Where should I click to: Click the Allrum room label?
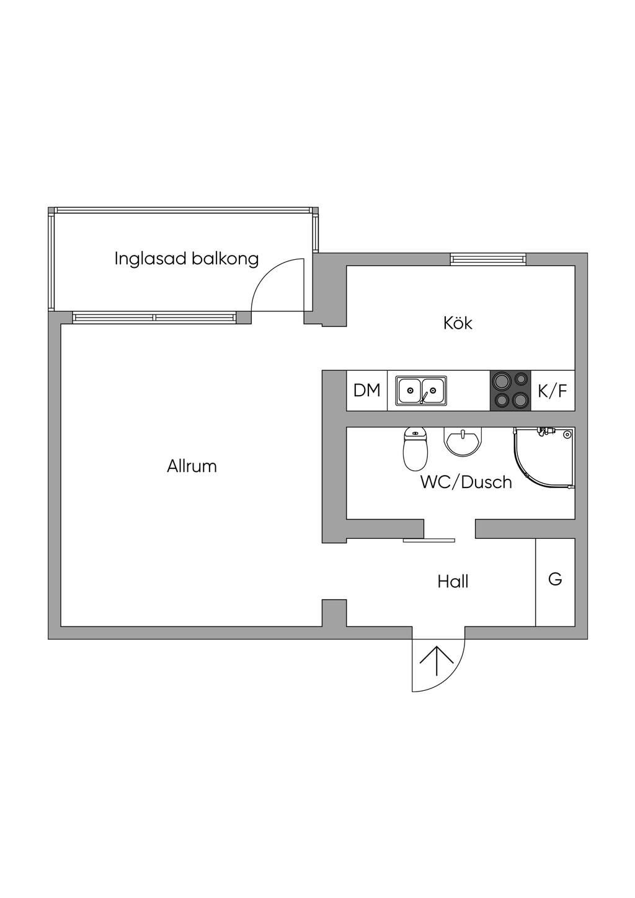coord(192,466)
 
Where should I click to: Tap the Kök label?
coord(458,323)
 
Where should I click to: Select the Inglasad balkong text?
coord(186,259)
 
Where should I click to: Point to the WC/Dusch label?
coord(466,482)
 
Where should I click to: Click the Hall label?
coord(453,582)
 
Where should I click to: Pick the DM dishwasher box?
coord(366,391)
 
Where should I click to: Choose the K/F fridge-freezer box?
coord(553,391)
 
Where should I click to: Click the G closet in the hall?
coord(555,580)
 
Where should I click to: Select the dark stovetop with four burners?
coord(510,390)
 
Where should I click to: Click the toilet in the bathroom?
coord(415,450)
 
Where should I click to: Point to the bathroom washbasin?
coord(462,441)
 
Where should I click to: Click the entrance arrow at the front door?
coord(437,661)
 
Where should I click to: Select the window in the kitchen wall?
coord(488,259)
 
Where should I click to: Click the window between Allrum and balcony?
coord(154,318)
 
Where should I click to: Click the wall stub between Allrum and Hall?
coord(334,613)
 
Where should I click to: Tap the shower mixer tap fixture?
coord(545,430)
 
